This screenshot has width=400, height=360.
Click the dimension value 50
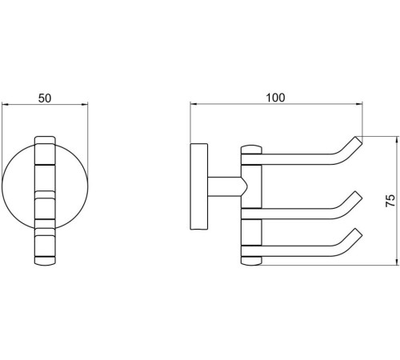(45, 98)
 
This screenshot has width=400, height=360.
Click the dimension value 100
(275, 98)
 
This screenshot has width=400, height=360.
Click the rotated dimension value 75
(390, 201)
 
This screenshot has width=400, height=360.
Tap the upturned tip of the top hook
(358, 141)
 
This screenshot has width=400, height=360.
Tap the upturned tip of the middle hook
(358, 195)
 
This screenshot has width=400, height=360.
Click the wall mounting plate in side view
(198, 186)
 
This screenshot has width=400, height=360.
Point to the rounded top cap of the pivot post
(251, 150)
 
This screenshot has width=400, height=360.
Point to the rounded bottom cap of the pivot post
(251, 261)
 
